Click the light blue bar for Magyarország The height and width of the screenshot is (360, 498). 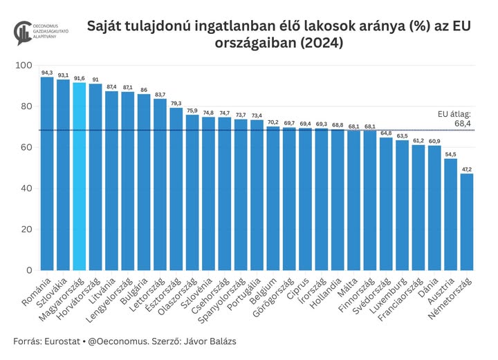coord(80,176)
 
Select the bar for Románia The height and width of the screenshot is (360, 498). coord(47,173)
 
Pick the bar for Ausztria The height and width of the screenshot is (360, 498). coord(451,214)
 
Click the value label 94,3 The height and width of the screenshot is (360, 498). coord(47,73)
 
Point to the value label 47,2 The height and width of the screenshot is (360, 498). coord(467,169)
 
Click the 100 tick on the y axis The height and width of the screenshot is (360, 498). coord(25,66)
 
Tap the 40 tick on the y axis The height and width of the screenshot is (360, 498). coord(28,188)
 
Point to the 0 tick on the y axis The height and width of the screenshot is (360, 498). coord(30,270)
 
